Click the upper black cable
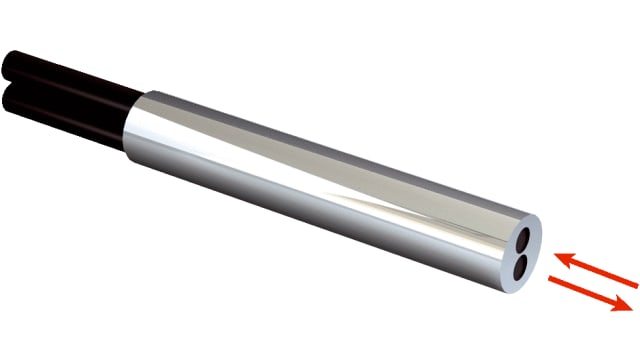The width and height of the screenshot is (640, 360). tap(70, 71)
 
